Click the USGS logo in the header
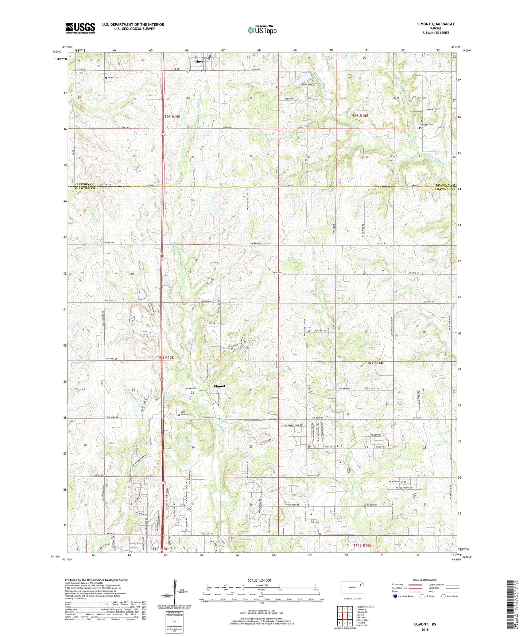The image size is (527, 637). click(x=80, y=28)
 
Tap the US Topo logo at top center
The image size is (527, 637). click(x=261, y=30)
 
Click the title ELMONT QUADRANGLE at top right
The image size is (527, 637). click(x=435, y=24)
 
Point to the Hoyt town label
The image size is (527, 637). click(x=199, y=62)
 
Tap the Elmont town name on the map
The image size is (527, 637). click(x=219, y=386)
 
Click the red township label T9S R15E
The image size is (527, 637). click(x=172, y=116)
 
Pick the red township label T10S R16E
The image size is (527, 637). click(x=374, y=363)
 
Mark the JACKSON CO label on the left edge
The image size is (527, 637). click(x=85, y=185)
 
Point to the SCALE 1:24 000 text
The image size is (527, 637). click(x=259, y=580)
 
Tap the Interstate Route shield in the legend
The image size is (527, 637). click(x=396, y=596)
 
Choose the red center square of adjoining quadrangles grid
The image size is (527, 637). click(x=344, y=616)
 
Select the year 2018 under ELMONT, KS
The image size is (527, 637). click(x=425, y=629)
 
